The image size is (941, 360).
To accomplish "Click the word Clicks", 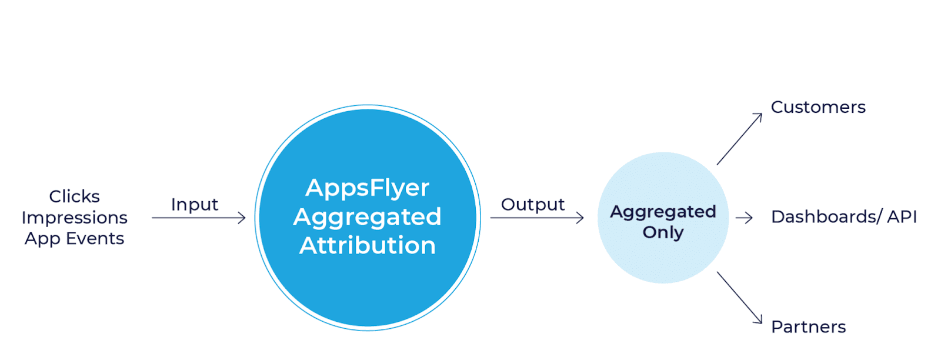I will click(x=74, y=196).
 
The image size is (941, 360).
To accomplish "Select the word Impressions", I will click(x=74, y=218).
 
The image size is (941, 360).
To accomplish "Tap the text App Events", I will click(x=74, y=239).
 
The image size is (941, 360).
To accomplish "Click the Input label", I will click(x=195, y=205).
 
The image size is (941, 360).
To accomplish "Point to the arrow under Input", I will click(x=198, y=218).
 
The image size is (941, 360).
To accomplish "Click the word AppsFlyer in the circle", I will click(x=368, y=188).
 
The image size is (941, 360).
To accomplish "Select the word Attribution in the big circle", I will click(x=368, y=245).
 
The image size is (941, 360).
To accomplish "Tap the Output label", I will click(x=533, y=205).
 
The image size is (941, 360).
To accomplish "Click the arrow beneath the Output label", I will click(x=536, y=218).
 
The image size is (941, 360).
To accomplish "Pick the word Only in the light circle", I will click(x=663, y=232).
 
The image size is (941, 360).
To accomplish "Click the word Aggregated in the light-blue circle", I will click(x=663, y=212).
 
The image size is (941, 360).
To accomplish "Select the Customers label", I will click(x=818, y=108).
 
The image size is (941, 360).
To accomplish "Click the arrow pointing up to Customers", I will click(x=739, y=139).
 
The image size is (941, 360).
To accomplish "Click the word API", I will click(x=902, y=217).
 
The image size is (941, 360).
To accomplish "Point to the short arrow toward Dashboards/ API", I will click(x=744, y=218).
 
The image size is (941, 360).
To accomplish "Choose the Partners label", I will click(x=808, y=327).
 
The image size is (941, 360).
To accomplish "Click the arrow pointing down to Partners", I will click(x=739, y=298).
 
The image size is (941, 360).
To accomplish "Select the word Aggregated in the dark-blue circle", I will click(x=368, y=217).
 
